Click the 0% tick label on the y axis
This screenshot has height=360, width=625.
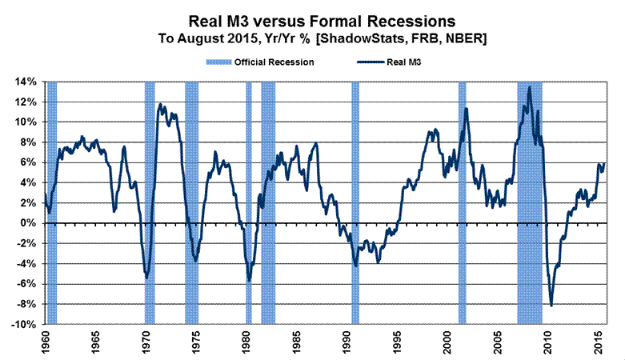pyautogui.click(x=27, y=223)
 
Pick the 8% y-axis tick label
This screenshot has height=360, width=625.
pyautogui.click(x=27, y=142)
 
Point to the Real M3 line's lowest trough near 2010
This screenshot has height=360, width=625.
pyautogui.click(x=551, y=306)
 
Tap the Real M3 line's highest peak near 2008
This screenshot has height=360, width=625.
pyautogui.click(x=530, y=87)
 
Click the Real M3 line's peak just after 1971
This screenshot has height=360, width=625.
pyautogui.click(x=160, y=104)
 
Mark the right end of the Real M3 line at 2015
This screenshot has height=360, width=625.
pyautogui.click(x=605, y=163)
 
